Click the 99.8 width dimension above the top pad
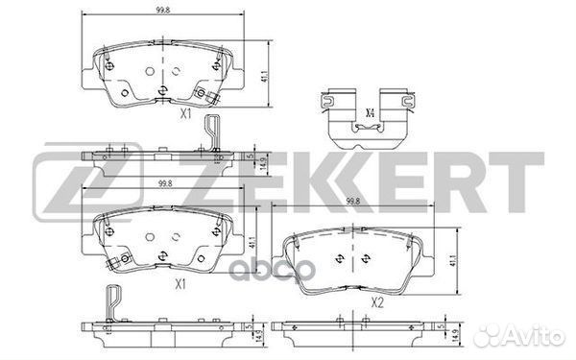[162, 11]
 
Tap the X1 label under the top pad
[186, 114]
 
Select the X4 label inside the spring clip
[370, 113]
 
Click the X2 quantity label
[377, 302]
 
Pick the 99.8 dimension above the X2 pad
[353, 202]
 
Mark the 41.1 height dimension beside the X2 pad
[454, 261]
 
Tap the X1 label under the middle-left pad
[180, 284]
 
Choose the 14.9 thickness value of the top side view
[262, 164]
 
